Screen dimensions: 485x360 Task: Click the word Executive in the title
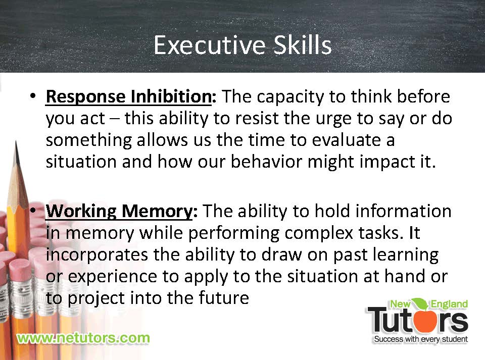click(209, 45)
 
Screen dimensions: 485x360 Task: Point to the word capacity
click(290, 97)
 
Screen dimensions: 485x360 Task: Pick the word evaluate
click(346, 140)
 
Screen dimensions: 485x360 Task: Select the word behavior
click(266, 161)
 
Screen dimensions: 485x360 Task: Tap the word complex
click(319, 233)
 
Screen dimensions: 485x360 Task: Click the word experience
click(113, 277)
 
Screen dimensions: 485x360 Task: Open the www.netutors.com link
click(83, 338)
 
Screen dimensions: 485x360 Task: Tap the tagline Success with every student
click(421, 339)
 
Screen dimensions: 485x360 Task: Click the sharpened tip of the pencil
click(16, 142)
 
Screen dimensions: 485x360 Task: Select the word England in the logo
click(449, 304)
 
